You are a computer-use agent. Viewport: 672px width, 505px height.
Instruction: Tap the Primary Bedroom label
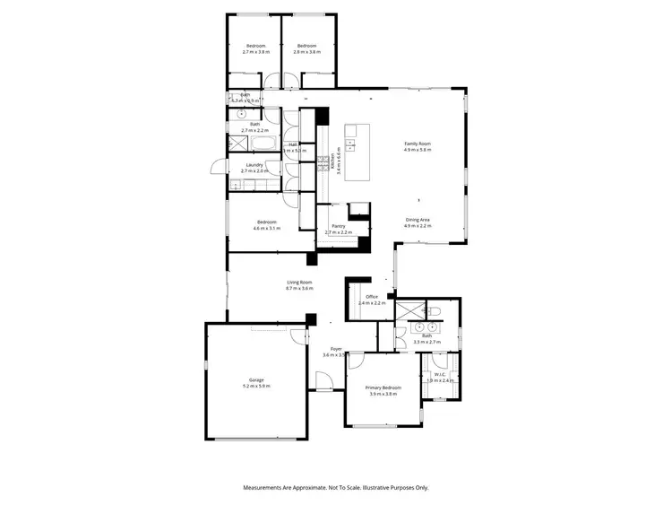point(382,387)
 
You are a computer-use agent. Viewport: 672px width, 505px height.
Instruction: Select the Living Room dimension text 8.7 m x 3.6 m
point(299,289)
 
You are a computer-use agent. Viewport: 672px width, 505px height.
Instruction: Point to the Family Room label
point(418,144)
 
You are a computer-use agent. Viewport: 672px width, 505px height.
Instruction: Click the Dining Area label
point(418,220)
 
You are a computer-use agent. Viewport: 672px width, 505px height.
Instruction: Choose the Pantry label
point(339,226)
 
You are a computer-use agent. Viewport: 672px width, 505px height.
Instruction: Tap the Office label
point(371,297)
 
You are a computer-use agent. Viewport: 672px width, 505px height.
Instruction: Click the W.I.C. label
point(441,374)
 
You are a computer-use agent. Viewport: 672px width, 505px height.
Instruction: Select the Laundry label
point(254,164)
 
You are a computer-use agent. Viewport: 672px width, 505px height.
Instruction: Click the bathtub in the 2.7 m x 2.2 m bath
point(263,142)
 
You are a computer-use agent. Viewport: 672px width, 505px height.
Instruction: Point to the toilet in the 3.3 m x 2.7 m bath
point(435,312)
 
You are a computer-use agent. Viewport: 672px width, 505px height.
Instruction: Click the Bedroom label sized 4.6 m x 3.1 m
point(267,222)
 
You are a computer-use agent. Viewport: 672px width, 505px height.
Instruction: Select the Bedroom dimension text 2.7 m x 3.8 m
point(255,52)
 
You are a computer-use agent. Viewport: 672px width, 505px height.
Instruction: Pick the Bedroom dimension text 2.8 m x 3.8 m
point(307,52)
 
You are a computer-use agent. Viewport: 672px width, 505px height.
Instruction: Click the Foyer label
point(336,349)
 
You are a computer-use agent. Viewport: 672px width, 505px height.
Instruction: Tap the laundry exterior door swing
point(218,167)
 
